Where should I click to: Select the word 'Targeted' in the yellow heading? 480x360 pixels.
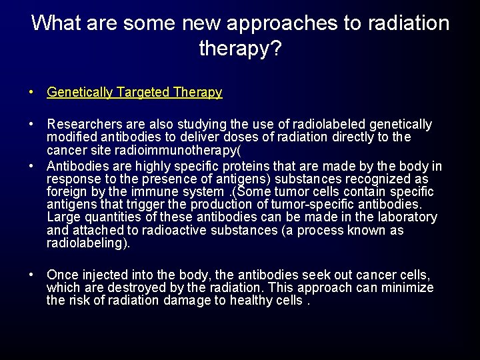[x=143, y=93]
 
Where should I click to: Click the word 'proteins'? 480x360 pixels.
[x=259, y=166]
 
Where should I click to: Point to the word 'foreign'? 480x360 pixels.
[x=66, y=191]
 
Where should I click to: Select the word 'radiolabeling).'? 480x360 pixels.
[x=89, y=243]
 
